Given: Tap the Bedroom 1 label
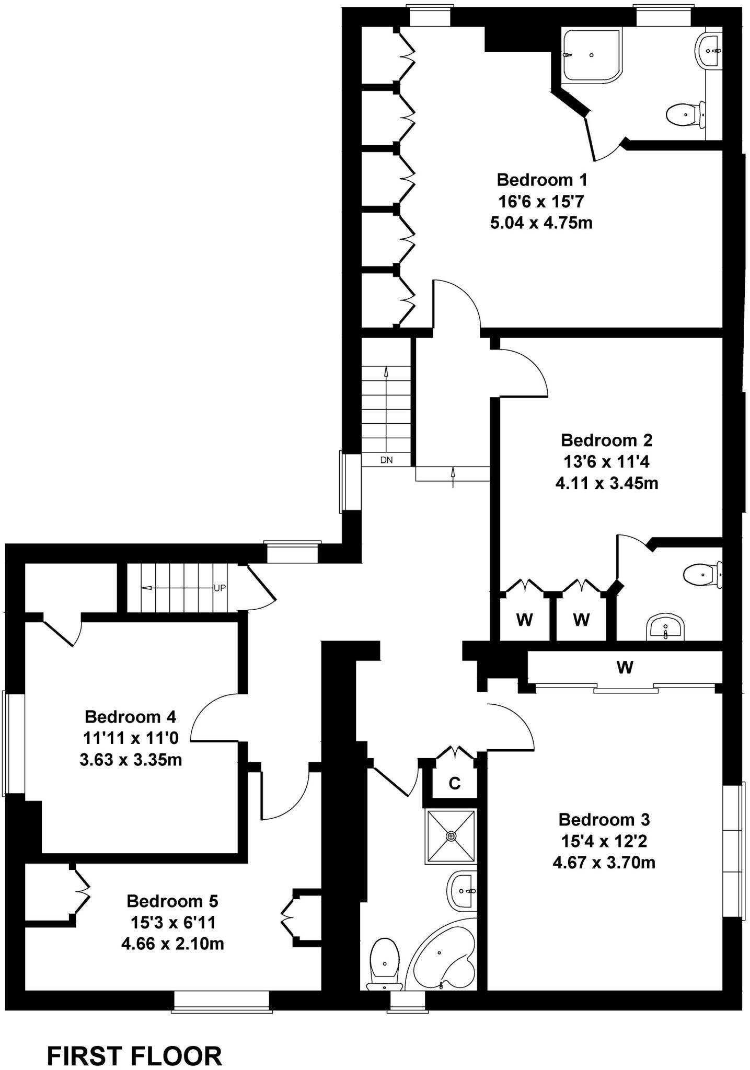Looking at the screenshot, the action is coord(542,180).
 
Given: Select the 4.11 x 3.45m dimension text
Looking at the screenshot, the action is coord(607,483).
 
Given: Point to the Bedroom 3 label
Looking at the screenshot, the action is coord(604,819).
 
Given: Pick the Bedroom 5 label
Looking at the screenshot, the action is coord(172,901).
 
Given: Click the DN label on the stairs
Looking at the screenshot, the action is coord(386,460).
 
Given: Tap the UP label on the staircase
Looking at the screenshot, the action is coord(220,588).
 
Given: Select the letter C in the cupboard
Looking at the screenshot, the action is coord(455,783).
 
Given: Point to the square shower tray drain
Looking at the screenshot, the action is coord(451,836).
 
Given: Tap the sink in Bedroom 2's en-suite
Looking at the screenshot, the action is coord(665,626).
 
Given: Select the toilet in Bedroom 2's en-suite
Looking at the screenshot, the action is coord(703,575).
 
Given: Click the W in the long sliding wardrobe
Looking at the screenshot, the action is coord(625,667).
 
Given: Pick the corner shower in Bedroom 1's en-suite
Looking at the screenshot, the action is coord(592,55).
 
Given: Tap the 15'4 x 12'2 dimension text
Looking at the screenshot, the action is coord(604,841).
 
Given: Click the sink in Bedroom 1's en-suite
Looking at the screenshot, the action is coord(709,51).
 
